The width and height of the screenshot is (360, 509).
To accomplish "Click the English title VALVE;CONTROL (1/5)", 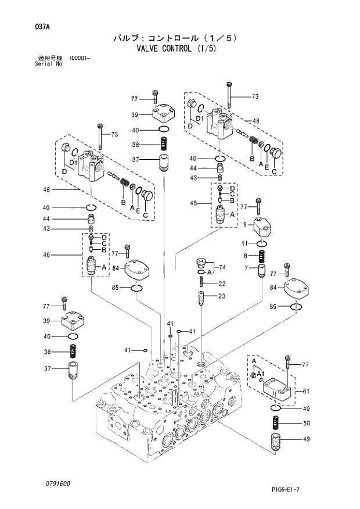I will coord(180,49).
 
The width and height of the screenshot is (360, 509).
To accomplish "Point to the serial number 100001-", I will coord(79,58).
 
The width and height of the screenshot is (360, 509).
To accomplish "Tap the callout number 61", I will coord(306,392).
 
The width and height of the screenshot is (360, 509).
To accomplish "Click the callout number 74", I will coord(222,267).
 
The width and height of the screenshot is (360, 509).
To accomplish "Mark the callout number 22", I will coord(222,284).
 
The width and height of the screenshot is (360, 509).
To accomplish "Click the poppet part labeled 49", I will coord(276,443).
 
